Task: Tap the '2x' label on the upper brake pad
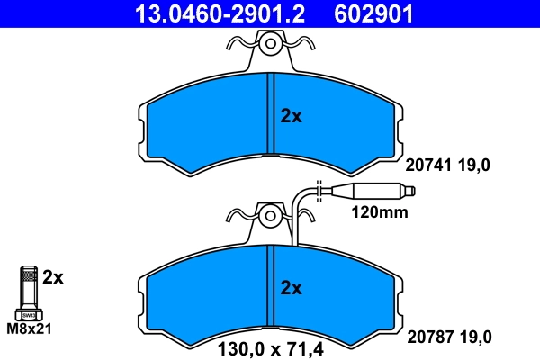[292, 116]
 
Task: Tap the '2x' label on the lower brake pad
[291, 288]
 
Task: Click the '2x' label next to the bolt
[54, 277]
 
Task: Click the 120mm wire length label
[379, 213]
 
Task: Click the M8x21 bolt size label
[29, 329]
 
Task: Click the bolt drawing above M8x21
[29, 292]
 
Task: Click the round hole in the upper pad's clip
[269, 43]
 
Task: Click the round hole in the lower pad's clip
[269, 216]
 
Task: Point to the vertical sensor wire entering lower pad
[297, 225]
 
